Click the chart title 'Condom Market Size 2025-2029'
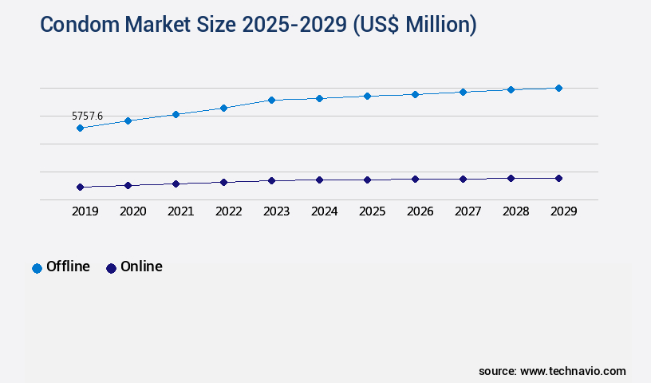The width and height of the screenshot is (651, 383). [x=258, y=24]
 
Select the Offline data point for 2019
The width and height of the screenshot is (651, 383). [x=80, y=128]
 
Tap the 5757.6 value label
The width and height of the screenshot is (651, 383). [x=87, y=116]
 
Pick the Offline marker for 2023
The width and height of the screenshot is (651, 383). [x=271, y=100]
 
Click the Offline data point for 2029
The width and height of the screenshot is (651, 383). [x=558, y=88]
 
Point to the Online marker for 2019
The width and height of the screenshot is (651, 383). [x=80, y=187]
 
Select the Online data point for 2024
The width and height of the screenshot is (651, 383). [x=319, y=180]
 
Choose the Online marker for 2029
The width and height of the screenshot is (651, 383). [x=558, y=178]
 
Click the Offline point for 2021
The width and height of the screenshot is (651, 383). [x=176, y=114]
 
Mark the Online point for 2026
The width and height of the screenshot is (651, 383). [x=415, y=179]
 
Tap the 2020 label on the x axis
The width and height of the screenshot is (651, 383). [x=132, y=211]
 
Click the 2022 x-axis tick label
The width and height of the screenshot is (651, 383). [x=228, y=211]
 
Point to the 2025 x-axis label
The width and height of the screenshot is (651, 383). [x=372, y=211]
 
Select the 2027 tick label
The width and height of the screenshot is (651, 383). [x=468, y=211]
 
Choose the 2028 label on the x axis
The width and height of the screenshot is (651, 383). [x=515, y=211]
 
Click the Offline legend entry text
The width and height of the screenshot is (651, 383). [x=68, y=267]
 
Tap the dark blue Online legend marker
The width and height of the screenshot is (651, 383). [x=111, y=268]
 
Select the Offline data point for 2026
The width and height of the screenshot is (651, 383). [x=415, y=94]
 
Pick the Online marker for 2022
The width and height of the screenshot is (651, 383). [x=223, y=182]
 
